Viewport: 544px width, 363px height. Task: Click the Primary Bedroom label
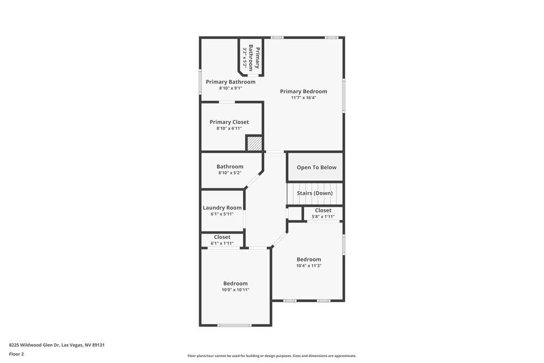pos(303,91)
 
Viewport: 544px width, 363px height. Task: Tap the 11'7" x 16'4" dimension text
pos(303,98)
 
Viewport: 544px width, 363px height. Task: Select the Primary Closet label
pos(229,122)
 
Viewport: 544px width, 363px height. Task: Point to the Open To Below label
pos(316,168)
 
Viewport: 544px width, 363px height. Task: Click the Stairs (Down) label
pos(314,193)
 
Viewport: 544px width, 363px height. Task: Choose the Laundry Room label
pos(222,207)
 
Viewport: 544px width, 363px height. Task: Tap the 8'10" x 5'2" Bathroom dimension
pos(230,173)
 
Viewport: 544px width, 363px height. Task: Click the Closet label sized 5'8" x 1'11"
pos(323,210)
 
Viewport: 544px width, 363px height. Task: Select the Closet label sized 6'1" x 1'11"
pos(222,237)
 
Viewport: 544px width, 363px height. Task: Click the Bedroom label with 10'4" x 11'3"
pos(308,260)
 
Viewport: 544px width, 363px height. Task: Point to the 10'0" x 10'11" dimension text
pos(235,290)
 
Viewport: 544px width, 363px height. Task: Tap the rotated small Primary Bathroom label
pos(255,59)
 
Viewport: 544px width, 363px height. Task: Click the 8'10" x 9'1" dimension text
pos(230,88)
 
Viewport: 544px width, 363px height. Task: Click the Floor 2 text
pos(16,354)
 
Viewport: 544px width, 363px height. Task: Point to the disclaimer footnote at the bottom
pos(271,356)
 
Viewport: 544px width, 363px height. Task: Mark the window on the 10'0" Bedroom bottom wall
pos(234,325)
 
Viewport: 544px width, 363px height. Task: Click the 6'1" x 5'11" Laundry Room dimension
pos(222,214)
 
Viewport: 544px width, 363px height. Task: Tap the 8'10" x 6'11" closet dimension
pos(229,129)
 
